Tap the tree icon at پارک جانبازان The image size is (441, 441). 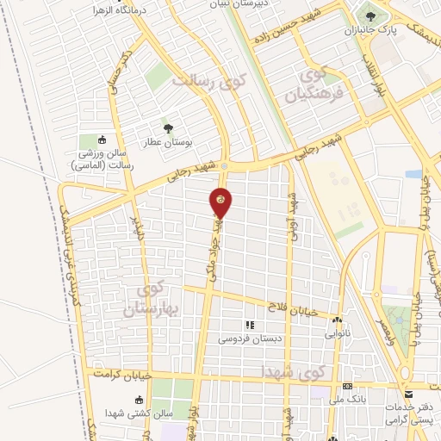pyautogui.click(x=371, y=15)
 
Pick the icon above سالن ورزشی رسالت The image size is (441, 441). pyautogui.click(x=102, y=140)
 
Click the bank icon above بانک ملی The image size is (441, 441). pyautogui.click(x=347, y=387)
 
